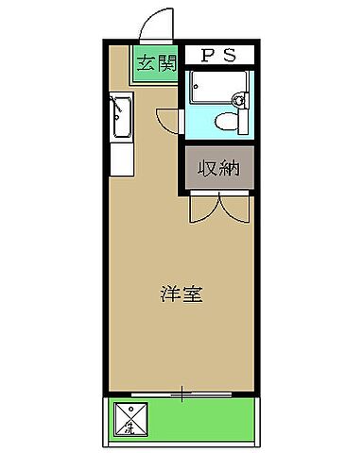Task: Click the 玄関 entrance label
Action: coord(156,64)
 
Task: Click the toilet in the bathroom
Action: coord(226,120)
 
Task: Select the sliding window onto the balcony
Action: coord(180,391)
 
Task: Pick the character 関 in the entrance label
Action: coord(166,64)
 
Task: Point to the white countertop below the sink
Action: coord(120,156)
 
